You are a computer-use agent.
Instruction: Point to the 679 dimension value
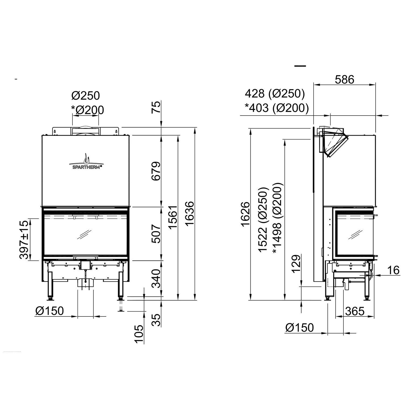click(x=156, y=171)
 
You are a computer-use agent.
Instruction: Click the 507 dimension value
click(x=156, y=234)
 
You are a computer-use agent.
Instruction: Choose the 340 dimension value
click(x=156, y=278)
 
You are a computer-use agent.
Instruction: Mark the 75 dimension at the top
click(x=156, y=107)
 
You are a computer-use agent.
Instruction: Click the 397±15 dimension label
click(x=24, y=239)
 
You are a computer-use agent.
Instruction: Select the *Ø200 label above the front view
click(x=87, y=110)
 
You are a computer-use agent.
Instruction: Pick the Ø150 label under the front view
click(x=50, y=311)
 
